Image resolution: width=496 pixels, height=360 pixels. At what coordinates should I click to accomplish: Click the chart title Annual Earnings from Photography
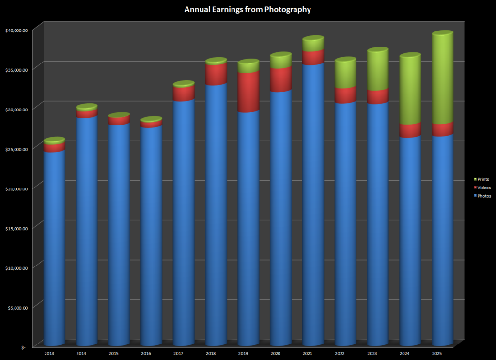coord(248,9)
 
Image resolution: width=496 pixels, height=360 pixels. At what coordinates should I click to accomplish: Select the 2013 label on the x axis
coord(49,354)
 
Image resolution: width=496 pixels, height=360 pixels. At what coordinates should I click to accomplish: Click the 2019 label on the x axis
coord(243,354)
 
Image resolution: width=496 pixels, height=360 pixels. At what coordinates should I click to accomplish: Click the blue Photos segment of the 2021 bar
coord(313,203)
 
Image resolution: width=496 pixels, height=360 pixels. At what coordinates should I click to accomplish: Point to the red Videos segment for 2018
coord(216,74)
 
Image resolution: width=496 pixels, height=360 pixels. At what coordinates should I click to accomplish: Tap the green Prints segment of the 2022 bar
coord(345,74)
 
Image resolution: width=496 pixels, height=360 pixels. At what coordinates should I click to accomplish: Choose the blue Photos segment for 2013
coord(54,247)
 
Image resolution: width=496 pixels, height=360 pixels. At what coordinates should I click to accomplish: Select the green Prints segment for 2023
coord(378,70)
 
